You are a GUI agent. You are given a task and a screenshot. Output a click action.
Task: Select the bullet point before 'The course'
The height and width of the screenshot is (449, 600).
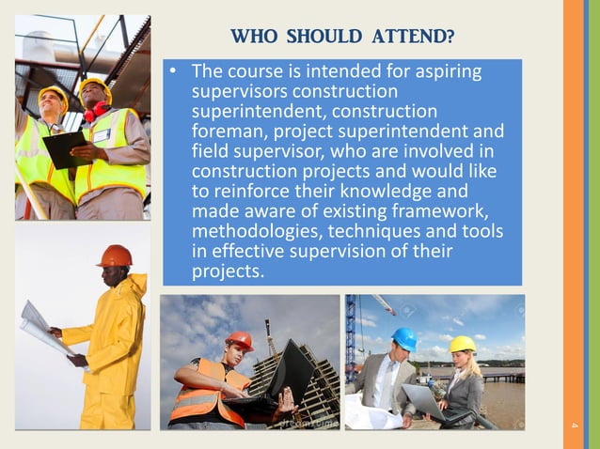[x=173, y=72]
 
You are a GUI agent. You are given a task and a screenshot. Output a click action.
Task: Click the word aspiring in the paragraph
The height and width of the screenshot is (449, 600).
[x=447, y=71]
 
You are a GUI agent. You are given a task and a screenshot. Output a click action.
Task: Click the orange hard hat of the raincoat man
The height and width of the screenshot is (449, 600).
[x=115, y=255]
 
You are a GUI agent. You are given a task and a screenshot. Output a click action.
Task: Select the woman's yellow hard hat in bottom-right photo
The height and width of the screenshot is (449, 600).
[x=463, y=344]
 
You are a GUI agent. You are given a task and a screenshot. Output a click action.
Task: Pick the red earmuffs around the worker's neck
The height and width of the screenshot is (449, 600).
[x=95, y=112]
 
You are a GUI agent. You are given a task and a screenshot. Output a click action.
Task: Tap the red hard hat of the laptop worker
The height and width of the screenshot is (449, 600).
[x=240, y=340]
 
